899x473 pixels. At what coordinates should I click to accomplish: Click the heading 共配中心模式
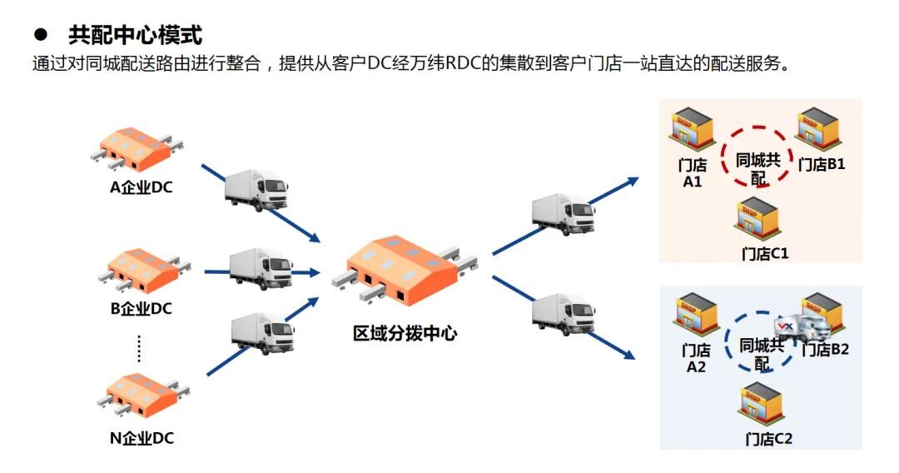135,35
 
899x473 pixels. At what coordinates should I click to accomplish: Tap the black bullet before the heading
39,36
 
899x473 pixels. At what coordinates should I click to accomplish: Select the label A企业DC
142,187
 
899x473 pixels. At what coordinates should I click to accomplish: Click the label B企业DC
142,309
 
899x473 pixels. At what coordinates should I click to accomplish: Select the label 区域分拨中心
405,335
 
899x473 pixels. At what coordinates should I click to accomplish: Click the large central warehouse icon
403,268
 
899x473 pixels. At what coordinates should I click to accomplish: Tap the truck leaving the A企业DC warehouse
256,191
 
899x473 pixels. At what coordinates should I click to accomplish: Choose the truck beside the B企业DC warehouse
261,267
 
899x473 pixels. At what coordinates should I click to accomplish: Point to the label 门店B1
822,165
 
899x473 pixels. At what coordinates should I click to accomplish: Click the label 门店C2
768,439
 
